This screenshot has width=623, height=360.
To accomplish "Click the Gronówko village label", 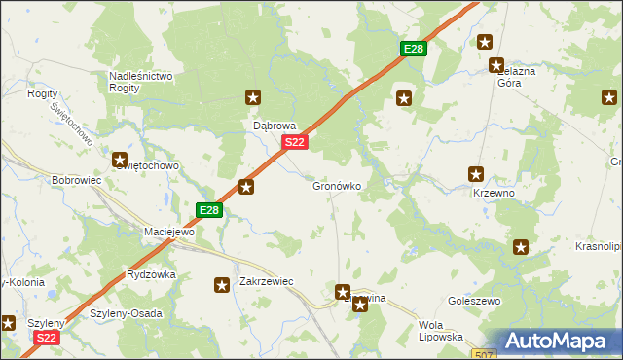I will (x=338, y=186).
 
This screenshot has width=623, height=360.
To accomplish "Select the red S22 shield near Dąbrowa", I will (x=297, y=143).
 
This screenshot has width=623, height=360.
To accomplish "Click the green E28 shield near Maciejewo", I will (x=209, y=209).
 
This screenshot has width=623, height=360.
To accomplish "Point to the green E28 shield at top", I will (x=414, y=50).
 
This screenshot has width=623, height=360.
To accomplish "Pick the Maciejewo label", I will (x=169, y=233).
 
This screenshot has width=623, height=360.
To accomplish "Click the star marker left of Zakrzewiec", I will (x=222, y=285).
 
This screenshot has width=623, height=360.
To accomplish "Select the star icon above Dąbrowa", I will (x=253, y=97).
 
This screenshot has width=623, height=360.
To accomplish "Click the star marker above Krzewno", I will (x=476, y=175).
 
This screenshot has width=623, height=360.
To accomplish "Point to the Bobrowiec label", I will (x=77, y=181).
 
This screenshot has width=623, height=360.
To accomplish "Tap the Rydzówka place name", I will (x=151, y=274).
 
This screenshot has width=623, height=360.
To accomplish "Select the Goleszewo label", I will (x=474, y=302).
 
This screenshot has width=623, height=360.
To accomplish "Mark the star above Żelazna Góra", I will (x=485, y=42).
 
